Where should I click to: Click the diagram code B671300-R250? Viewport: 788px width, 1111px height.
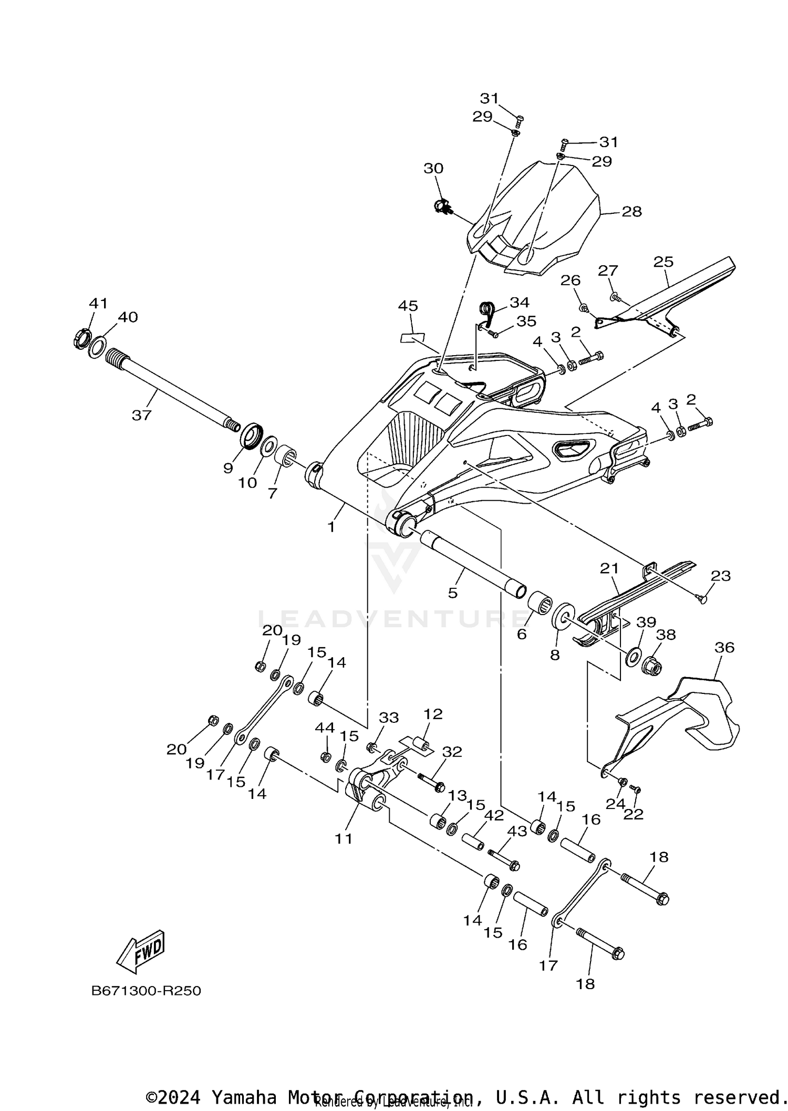(146, 991)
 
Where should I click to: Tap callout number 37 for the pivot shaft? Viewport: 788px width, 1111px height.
(141, 415)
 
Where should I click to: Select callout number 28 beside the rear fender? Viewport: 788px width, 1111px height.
(631, 212)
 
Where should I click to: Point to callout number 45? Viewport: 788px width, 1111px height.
(408, 306)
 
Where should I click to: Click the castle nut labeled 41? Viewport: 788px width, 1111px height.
(81, 339)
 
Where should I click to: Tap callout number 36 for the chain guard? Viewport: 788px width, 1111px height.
(724, 648)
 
